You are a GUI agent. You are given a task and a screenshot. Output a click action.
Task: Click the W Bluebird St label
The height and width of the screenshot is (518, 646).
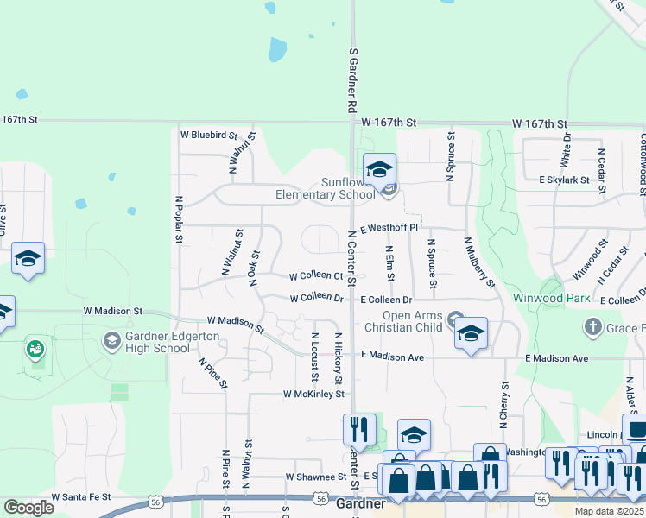208,135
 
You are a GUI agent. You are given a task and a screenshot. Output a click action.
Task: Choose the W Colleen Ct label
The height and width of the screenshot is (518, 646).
316,275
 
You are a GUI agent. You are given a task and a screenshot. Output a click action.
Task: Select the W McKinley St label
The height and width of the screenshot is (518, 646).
314,394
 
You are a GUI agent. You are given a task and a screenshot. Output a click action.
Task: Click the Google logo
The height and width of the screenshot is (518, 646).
28,509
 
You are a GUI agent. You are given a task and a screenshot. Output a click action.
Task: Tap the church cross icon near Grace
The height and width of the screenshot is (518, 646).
592,326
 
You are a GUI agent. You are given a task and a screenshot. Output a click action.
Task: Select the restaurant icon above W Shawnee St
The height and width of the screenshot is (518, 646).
358,428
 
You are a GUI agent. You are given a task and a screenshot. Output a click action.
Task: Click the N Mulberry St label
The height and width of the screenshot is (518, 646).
479,262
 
